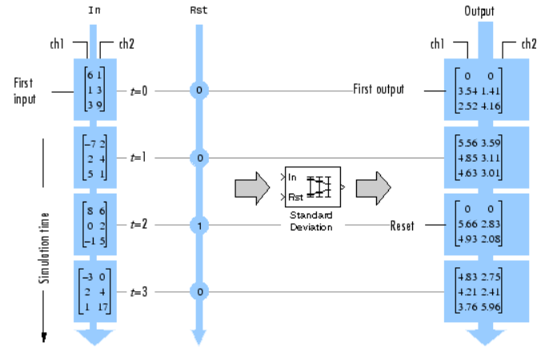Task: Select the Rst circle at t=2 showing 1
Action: (x=198, y=226)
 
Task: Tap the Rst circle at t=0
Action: (x=198, y=90)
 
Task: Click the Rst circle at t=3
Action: (x=198, y=292)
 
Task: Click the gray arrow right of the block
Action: (x=373, y=188)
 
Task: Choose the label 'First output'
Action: (x=379, y=90)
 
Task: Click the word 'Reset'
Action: (x=402, y=226)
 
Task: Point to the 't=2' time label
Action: (x=138, y=226)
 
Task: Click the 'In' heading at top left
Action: (x=94, y=11)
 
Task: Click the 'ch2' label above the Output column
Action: (x=528, y=43)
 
